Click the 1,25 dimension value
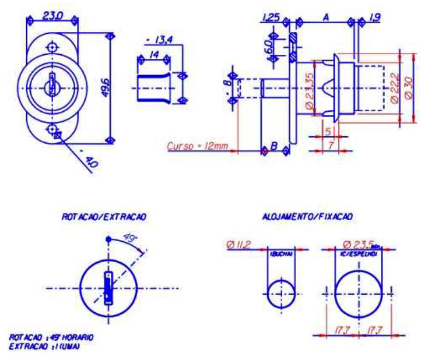(x=270, y=17)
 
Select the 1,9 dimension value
(x=373, y=17)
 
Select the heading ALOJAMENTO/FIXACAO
(x=319, y=216)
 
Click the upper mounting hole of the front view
(x=52, y=47)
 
